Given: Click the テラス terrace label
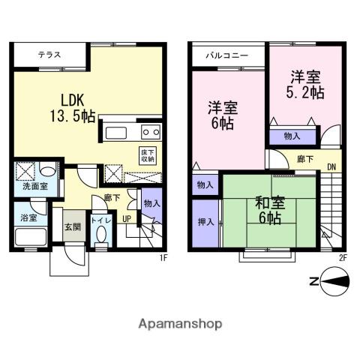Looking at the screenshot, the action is point(49,55).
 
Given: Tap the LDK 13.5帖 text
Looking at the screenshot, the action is point(73,108).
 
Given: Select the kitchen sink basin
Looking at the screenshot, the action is point(116,133).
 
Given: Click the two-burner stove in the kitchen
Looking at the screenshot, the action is point(151,132).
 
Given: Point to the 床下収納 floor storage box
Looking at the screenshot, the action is point(148,155).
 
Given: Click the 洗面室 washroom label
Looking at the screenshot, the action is point(35,186).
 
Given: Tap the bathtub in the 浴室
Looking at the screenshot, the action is point(31,237).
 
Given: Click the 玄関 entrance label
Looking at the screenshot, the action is point(73,227).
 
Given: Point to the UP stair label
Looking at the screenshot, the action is point(127,219).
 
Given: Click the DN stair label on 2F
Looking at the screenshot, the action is point(331,167).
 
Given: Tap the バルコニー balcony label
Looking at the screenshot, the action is point(227,55).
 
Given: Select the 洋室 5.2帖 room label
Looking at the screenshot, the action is point(305,85).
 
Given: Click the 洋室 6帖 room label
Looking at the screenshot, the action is point(223,115).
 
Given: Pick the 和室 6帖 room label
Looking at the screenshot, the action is point(270,210).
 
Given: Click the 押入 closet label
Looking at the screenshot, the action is point(206,222).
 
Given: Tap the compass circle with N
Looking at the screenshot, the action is point(335,281).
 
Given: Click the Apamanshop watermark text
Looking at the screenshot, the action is point(180,324).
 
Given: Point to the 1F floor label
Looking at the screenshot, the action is point(163,258).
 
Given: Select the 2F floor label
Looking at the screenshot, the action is point(343,258).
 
